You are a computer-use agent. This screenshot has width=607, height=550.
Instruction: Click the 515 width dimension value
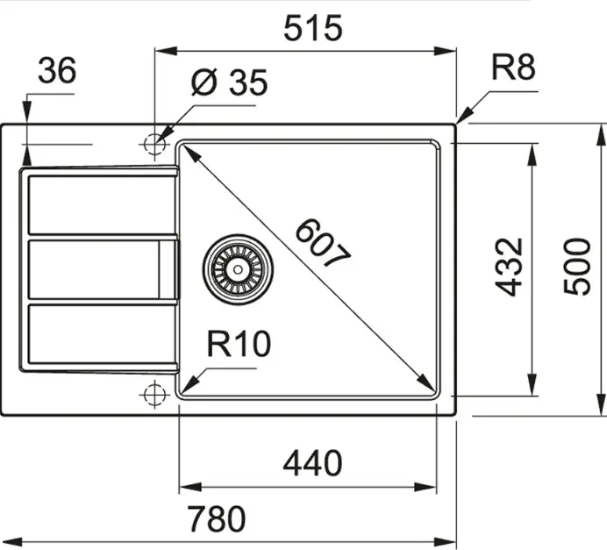(x=313, y=28)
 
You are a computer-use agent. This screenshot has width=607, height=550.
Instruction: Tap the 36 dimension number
(x=57, y=70)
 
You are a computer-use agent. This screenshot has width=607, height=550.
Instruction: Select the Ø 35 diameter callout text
(x=229, y=82)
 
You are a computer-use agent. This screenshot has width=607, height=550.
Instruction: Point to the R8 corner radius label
(x=513, y=68)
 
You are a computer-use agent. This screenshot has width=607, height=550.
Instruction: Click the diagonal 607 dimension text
(x=323, y=243)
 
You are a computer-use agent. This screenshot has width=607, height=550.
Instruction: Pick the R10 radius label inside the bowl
(x=239, y=344)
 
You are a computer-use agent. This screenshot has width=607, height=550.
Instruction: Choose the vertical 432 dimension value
(x=509, y=267)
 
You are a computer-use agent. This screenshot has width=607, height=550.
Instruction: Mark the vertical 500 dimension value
(x=577, y=267)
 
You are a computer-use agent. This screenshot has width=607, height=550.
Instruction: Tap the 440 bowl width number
(x=312, y=463)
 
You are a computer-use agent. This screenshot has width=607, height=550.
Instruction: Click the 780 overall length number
(x=217, y=518)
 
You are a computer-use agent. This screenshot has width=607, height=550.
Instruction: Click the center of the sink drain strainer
(x=238, y=269)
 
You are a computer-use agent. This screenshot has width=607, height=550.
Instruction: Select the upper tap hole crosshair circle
(x=154, y=145)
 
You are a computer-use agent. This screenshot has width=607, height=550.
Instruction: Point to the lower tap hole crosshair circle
(x=154, y=395)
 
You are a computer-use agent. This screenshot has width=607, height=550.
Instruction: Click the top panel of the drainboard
(x=103, y=204)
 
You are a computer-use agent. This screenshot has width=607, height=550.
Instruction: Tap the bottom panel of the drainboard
(x=103, y=334)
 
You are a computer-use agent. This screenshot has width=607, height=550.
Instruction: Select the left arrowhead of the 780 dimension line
(x=12, y=541)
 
